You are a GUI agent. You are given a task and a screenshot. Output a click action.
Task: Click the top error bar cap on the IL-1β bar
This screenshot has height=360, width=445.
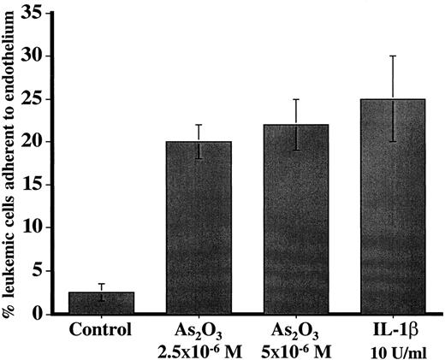393,56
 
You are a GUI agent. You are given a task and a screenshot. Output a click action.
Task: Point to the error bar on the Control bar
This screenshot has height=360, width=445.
101,292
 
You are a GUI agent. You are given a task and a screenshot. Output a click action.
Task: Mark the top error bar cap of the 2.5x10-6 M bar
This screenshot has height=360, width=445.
199,125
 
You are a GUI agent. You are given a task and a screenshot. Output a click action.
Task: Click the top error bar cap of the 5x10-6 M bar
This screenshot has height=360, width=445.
295,99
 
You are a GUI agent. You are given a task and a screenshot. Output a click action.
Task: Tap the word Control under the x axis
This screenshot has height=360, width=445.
101,331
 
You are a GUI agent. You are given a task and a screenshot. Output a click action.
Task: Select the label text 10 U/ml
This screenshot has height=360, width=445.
393,350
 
